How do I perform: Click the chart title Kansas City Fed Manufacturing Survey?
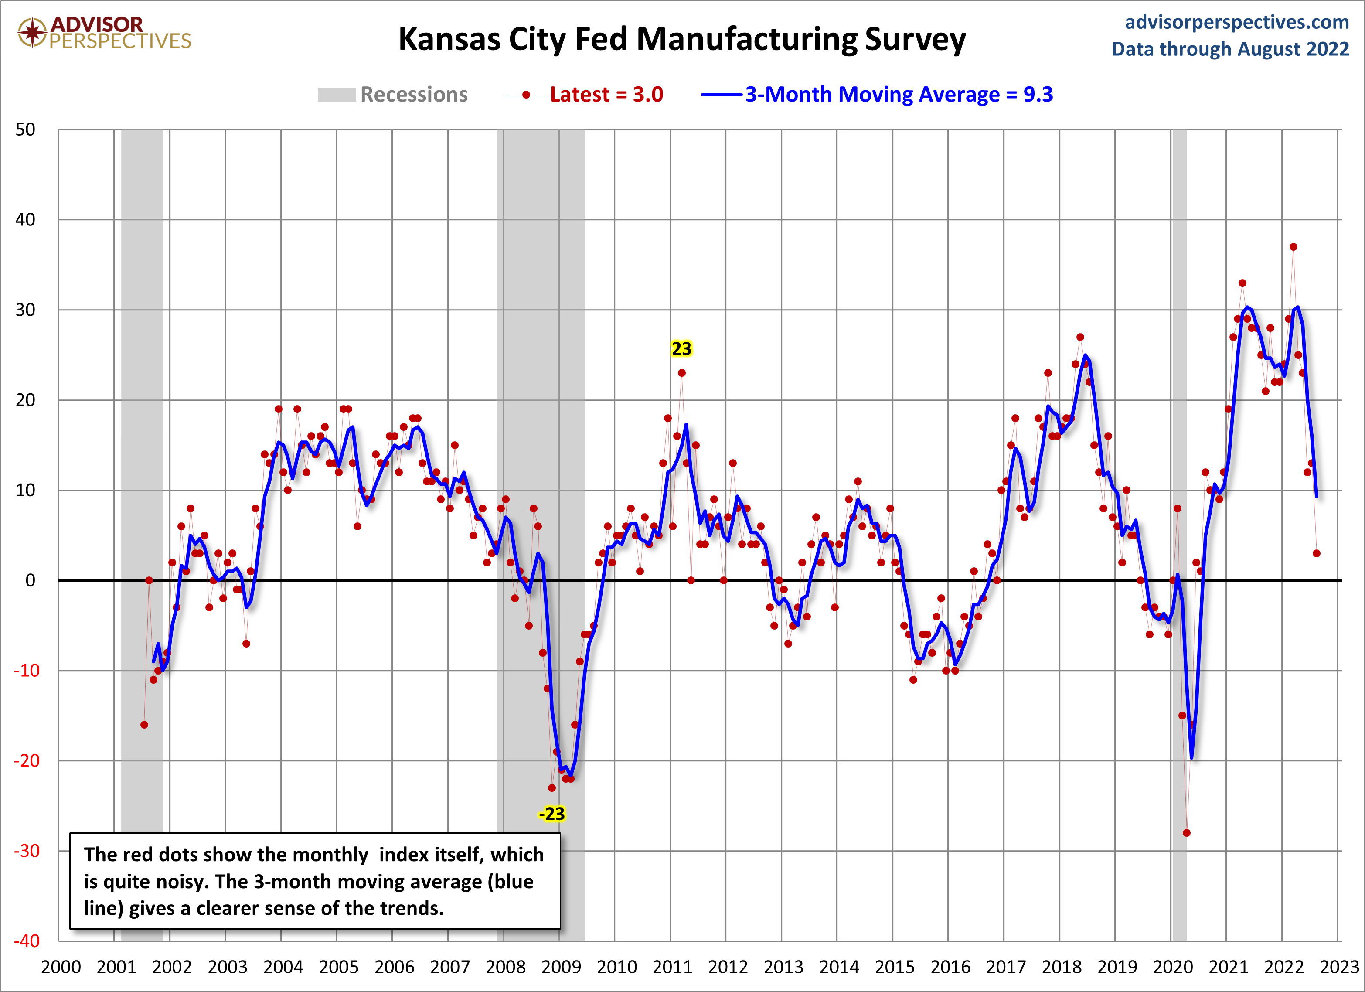point(681,40)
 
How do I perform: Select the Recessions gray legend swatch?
point(337,95)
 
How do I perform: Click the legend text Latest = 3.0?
point(606,95)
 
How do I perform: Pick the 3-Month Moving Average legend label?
point(899,95)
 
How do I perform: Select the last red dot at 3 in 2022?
point(1316,553)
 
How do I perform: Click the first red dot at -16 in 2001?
point(144,725)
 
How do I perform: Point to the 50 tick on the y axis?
point(25,130)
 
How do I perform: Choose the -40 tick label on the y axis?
point(27,941)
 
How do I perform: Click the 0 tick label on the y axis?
point(30,580)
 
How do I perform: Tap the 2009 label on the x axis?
point(561,967)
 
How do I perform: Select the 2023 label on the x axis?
point(1339,967)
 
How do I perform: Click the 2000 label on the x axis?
point(61,967)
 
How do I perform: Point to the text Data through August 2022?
point(1230,49)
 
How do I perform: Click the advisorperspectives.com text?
point(1237,22)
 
